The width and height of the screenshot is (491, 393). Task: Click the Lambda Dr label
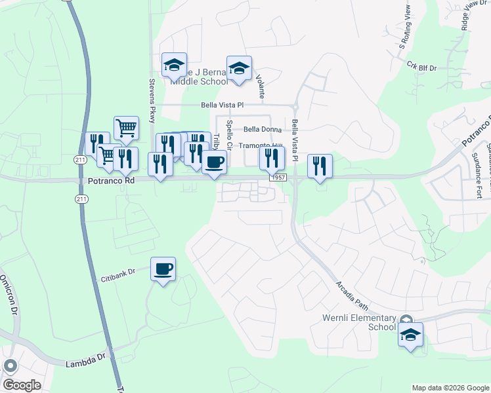(x=85, y=362)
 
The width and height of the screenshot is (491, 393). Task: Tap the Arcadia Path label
(x=352, y=295)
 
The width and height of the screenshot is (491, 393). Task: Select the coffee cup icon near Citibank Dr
(x=163, y=268)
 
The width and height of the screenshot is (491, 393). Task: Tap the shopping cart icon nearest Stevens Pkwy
(x=126, y=128)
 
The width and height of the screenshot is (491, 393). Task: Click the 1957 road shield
(x=276, y=178)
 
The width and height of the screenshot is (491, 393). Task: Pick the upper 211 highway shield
(x=81, y=159)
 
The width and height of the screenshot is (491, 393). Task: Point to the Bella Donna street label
(x=262, y=130)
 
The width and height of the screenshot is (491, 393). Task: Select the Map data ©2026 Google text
(x=450, y=388)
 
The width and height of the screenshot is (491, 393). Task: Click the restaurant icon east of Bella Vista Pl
(x=320, y=165)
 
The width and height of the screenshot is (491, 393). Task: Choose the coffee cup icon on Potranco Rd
(x=213, y=161)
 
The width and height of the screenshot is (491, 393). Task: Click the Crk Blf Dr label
(x=421, y=65)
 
